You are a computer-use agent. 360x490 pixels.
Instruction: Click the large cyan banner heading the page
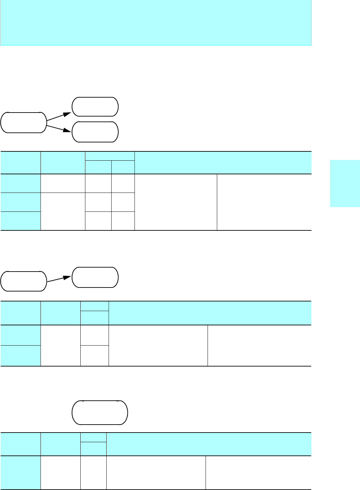coord(156,23)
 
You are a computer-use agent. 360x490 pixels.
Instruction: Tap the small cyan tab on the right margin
coord(345,184)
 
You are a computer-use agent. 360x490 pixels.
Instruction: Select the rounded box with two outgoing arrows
coord(24,122)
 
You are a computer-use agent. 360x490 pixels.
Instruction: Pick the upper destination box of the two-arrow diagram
coord(95,107)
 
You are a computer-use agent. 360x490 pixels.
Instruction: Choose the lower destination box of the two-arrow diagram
coord(95,132)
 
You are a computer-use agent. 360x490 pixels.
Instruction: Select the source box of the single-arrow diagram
coord(24,281)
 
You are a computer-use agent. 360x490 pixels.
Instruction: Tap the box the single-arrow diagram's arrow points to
coord(95,277)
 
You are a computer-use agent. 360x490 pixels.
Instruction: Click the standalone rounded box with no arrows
coord(100,413)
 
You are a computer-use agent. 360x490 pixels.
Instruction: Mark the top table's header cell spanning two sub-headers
coord(110,156)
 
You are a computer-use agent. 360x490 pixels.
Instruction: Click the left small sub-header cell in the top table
coord(98,167)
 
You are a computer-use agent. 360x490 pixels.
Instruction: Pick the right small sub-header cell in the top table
coord(123,167)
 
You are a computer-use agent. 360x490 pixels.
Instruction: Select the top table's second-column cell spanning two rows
coord(63,211)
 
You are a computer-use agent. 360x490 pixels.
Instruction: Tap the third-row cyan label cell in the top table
coord(21,221)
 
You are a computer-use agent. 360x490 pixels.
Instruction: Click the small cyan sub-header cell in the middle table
coord(95,318)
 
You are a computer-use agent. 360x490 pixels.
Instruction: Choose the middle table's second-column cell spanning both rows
coord(60,345)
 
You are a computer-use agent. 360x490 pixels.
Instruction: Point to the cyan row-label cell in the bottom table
coord(21,472)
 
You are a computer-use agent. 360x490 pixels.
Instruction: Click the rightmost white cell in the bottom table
coord(258,472)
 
